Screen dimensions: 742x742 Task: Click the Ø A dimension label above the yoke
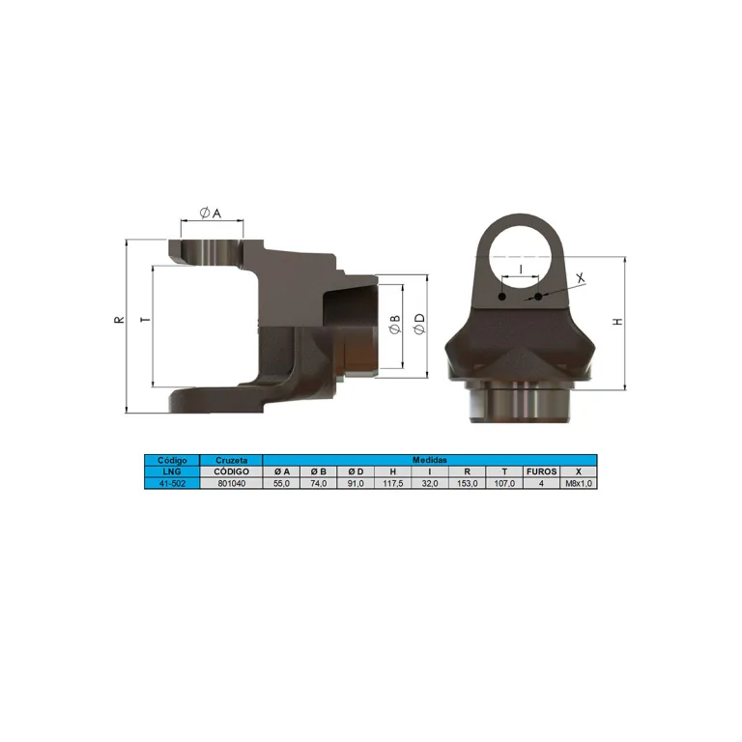211,213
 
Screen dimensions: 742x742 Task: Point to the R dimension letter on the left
119,320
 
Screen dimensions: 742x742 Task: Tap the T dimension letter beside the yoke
146,320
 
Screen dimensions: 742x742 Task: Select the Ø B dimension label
394,325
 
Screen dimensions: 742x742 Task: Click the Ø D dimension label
419,325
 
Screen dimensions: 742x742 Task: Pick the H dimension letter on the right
617,322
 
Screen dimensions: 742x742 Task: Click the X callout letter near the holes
580,278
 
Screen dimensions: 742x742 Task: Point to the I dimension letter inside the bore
521,270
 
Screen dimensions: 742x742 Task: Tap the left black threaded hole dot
502,297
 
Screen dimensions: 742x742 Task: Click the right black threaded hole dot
538,297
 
